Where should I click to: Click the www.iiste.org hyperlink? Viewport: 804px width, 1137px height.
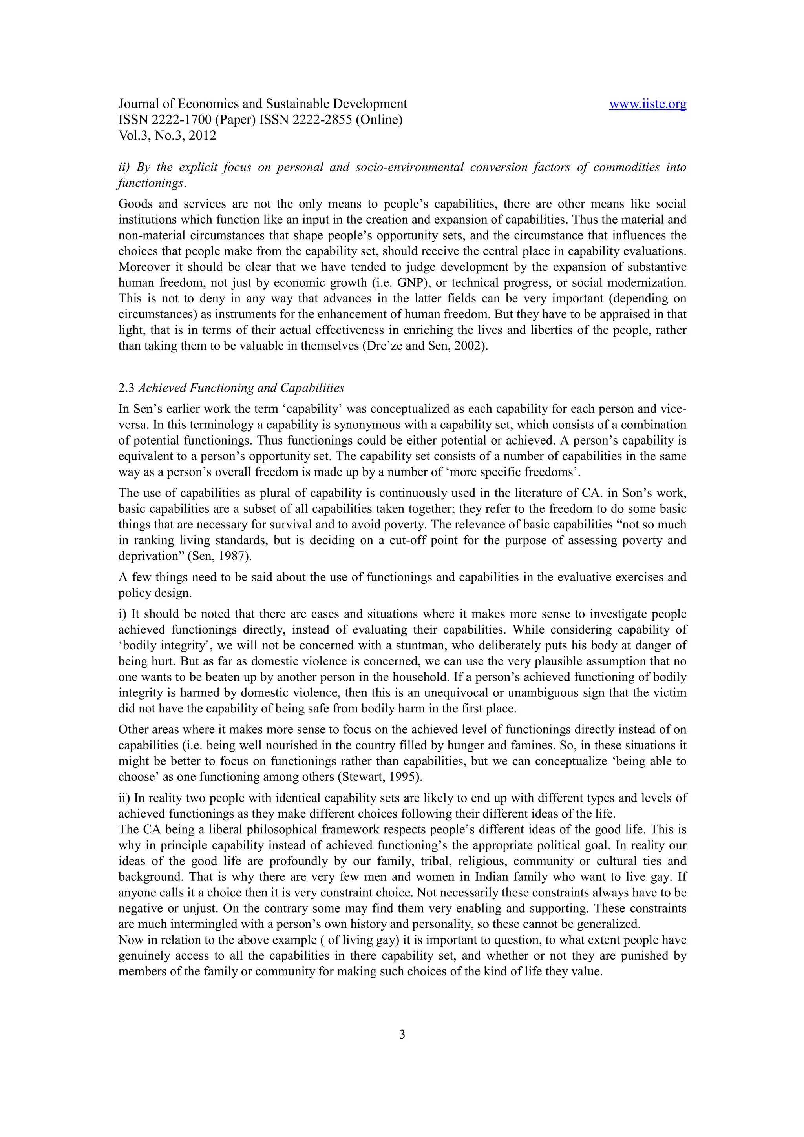tap(647, 104)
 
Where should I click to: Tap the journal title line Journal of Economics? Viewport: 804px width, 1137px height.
tap(263, 104)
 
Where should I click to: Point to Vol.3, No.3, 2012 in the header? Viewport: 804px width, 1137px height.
tap(168, 136)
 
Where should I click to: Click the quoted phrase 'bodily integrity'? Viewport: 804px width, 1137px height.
tap(155, 646)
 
